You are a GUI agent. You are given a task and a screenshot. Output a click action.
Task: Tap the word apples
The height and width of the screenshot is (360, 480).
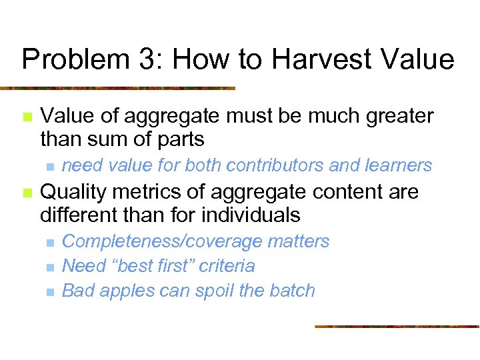coord(127,291)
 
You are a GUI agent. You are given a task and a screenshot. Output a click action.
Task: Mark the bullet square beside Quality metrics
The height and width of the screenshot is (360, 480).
coord(27,193)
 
